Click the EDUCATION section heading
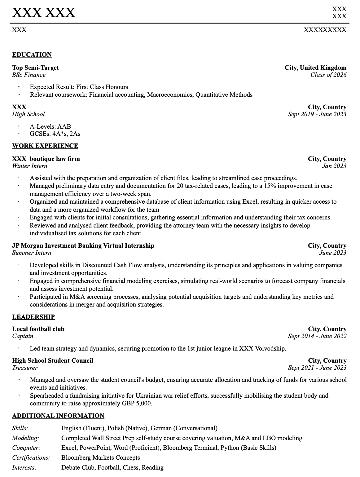pos(32,55)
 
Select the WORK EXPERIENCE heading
pos(45,146)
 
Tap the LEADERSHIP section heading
pos(33,317)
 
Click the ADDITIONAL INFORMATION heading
pos(58,416)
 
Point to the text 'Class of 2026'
pos(328,75)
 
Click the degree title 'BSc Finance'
pos(29,75)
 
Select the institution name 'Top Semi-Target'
pos(35,68)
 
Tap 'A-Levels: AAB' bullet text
pos(50,126)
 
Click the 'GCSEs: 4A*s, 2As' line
pos(55,134)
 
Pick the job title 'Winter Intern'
pos(30,166)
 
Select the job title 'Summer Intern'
pos(32,253)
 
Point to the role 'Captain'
pos(23,336)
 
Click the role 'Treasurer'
pos(25,368)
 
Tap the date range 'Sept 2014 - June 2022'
pos(317,336)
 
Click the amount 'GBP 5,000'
pos(138,404)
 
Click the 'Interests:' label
pos(24,468)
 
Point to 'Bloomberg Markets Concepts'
pos(100,458)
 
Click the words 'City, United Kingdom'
pos(315,68)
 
